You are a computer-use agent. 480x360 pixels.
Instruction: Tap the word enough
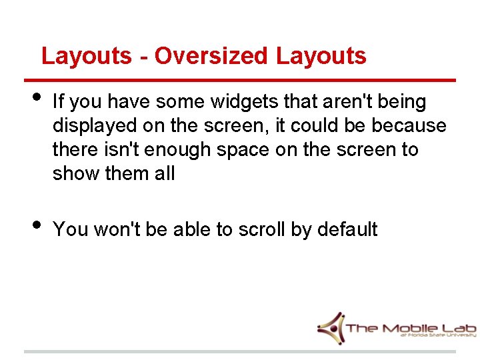pyautogui.click(x=179, y=150)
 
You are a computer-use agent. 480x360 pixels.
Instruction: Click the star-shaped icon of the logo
pyautogui.click(x=331, y=327)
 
